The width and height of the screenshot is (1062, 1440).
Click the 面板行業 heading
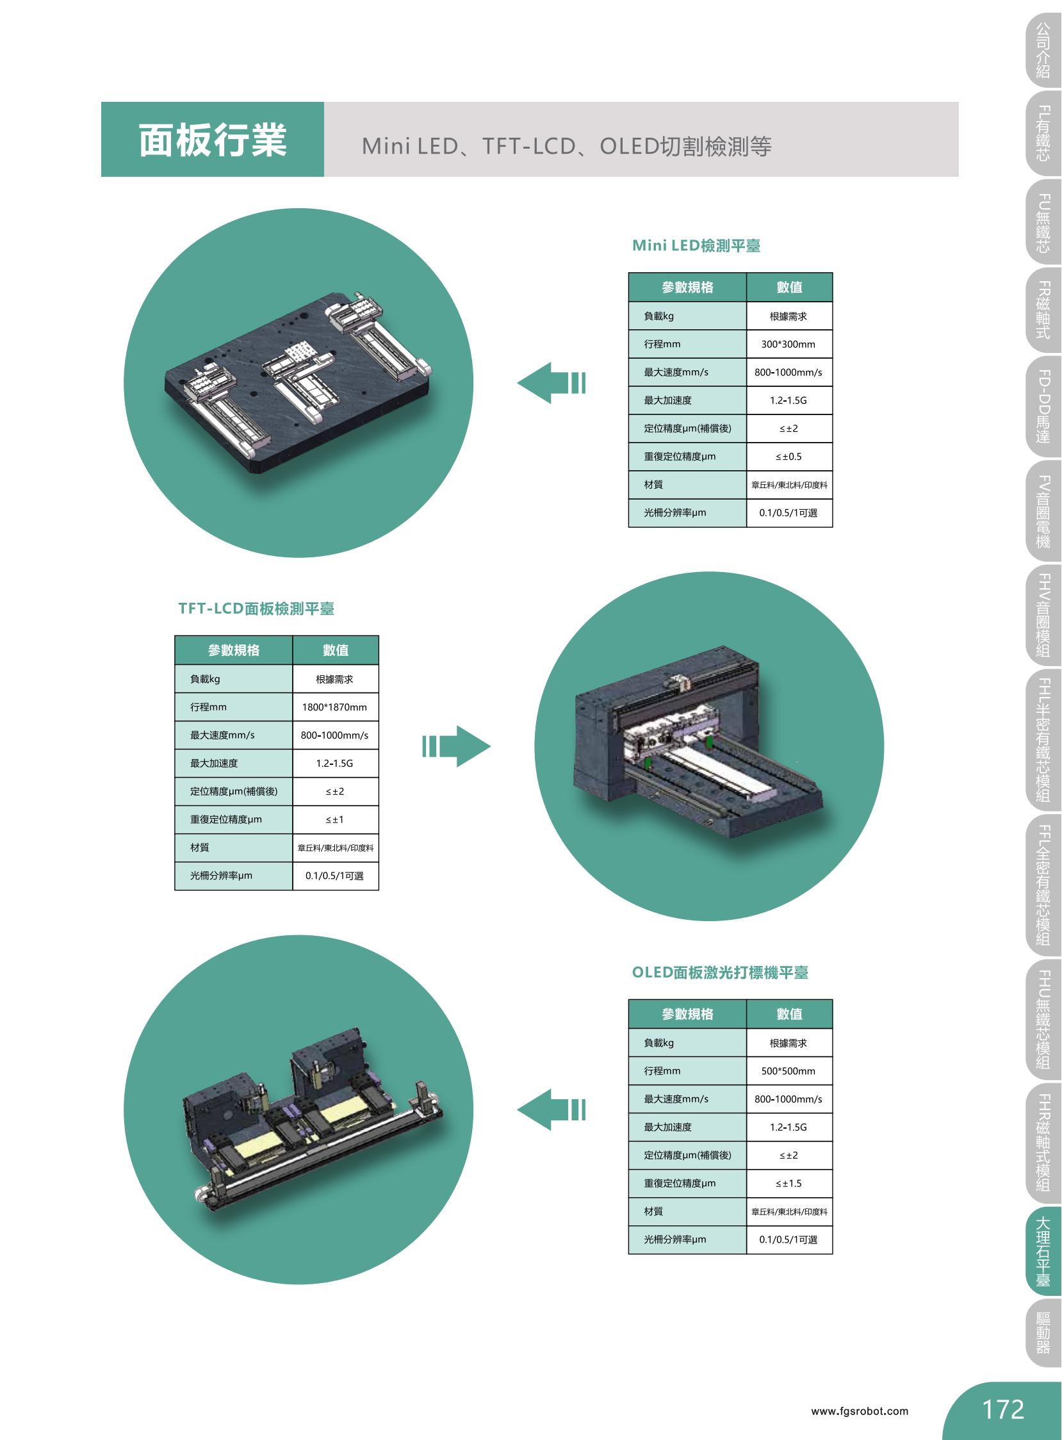212,140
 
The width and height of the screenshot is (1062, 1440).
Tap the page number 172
1003,1409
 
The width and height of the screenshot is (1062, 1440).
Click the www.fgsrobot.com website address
860,1412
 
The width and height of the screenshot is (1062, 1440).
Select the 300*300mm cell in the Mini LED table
788,344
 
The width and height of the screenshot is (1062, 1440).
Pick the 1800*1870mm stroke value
334,707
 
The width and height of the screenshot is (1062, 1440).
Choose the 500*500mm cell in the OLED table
788,1071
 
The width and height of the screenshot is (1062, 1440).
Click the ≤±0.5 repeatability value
788,457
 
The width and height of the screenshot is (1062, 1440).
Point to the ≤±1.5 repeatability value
788,1184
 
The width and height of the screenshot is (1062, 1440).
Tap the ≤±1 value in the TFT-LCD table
334,820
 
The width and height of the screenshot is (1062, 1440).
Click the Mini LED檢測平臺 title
696,245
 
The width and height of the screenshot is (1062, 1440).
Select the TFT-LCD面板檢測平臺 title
256,609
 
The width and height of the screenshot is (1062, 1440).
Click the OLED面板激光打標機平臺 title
720,972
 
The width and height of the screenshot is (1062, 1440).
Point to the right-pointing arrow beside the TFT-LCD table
457,746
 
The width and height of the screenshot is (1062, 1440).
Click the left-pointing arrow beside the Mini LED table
551,383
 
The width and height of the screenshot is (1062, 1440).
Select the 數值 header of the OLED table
789,1014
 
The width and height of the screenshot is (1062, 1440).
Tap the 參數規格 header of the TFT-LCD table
233,650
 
